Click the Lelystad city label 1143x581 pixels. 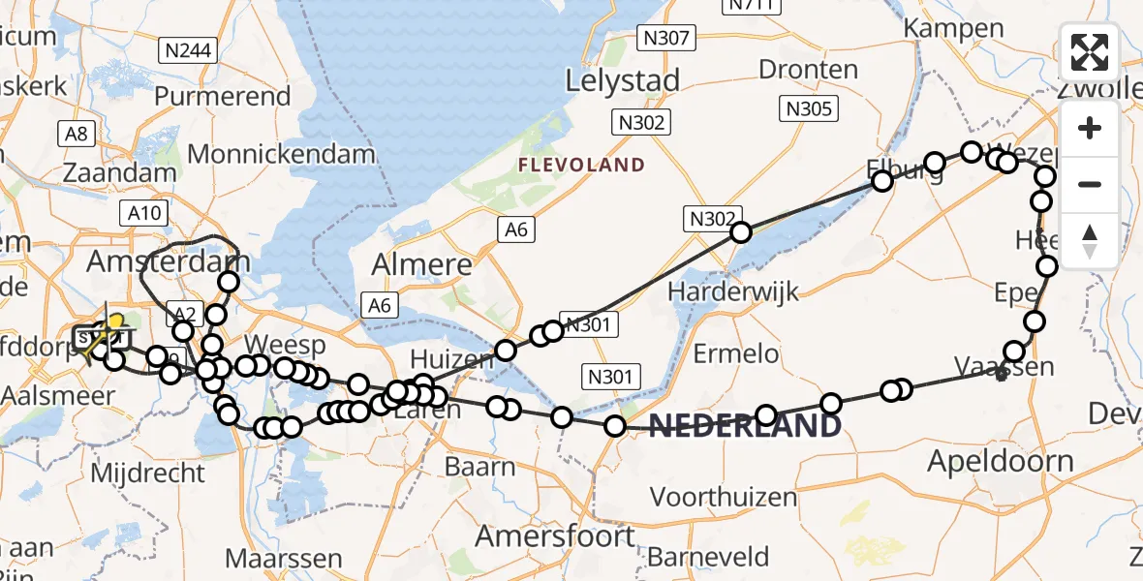623,79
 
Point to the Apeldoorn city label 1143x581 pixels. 1001,461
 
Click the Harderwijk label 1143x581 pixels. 730,290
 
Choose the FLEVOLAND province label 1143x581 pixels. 581,165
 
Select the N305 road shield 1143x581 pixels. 810,108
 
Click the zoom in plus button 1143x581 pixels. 1090,128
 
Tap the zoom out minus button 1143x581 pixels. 1090,184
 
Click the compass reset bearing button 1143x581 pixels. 1090,240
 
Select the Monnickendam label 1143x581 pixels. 281,154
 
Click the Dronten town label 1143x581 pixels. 808,70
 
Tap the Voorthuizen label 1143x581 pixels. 723,497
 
